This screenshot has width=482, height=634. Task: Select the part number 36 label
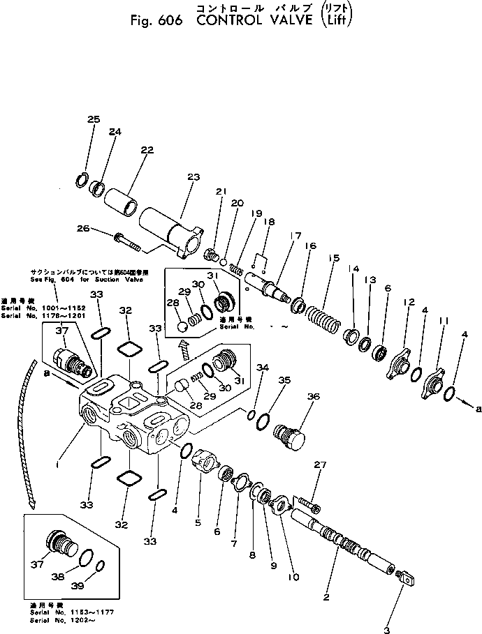click(x=314, y=397)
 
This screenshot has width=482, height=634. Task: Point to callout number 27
click(x=321, y=465)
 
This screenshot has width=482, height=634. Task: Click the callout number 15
click(x=334, y=259)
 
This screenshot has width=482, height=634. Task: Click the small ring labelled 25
click(x=81, y=178)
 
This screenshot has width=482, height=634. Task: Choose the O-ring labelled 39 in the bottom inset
click(x=101, y=566)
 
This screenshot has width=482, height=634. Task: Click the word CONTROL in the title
click(x=228, y=20)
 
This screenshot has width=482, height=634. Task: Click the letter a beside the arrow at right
click(x=478, y=410)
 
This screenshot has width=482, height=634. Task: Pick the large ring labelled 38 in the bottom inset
click(x=86, y=557)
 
